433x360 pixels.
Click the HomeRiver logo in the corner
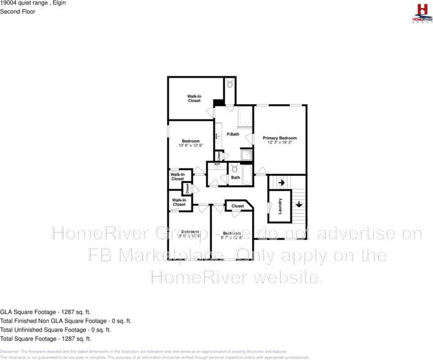click(421, 13)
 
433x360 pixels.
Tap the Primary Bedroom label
click(279, 138)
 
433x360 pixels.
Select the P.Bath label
click(232, 134)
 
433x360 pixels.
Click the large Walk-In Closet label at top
click(194, 98)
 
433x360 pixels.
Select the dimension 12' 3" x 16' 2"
click(279, 143)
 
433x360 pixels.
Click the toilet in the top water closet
click(229, 85)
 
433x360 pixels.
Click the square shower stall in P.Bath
click(246, 155)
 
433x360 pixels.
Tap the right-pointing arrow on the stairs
click(281, 182)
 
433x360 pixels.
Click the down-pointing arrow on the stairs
click(298, 204)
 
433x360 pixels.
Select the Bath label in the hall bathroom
click(235, 178)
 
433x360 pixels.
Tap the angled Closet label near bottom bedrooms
click(237, 206)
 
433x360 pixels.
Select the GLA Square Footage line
click(46, 312)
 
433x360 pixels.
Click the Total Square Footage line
click(45, 338)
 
